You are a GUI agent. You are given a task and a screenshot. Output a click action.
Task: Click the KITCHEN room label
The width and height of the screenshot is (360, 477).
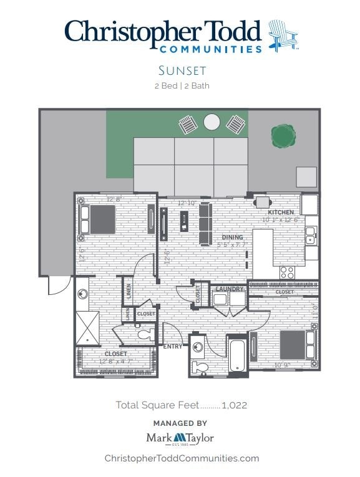(281, 213)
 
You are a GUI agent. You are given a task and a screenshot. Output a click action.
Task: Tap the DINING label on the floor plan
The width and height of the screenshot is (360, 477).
(232, 238)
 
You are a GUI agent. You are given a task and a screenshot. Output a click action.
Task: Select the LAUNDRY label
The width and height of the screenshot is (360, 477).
(229, 289)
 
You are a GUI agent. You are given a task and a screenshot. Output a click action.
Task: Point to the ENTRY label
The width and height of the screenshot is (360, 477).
(173, 347)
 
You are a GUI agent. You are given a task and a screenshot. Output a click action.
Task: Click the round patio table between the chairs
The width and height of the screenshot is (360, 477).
(212, 122)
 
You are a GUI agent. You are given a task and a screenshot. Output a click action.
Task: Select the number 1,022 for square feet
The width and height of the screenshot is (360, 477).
(234, 405)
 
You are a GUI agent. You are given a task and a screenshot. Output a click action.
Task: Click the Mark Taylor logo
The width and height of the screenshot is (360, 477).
(180, 438)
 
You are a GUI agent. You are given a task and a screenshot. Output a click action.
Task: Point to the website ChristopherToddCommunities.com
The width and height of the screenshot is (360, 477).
(181, 458)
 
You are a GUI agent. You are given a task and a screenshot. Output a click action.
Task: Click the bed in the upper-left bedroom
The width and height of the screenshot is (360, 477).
(99, 219)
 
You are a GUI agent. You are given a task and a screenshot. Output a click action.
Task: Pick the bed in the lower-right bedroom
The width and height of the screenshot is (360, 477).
(293, 344)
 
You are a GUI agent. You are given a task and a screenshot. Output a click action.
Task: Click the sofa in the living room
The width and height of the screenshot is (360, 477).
(205, 224)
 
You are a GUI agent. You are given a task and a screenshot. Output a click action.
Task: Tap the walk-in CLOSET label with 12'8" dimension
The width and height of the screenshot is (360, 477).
(115, 354)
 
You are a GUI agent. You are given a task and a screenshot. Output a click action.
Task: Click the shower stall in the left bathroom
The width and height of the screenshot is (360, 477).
(87, 326)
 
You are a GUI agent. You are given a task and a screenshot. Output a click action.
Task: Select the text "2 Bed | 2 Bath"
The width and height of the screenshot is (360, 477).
(181, 86)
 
